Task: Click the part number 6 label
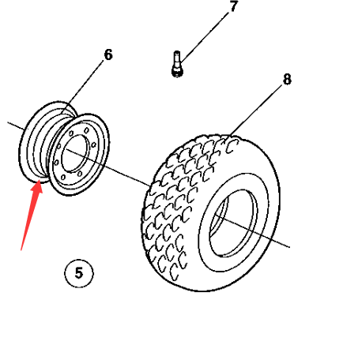[108, 54]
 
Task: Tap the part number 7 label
[233, 6]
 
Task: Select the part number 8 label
[287, 79]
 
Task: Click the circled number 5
[79, 273]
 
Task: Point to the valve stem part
[177, 64]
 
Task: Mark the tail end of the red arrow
[21, 250]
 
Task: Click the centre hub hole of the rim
[74, 154]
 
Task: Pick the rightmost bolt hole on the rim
[93, 145]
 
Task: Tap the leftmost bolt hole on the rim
[56, 163]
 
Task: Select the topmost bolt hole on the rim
[86, 130]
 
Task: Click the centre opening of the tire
[233, 223]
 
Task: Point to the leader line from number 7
[205, 37]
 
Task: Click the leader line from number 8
[256, 110]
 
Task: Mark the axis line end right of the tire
[289, 247]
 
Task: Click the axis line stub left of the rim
[17, 126]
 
